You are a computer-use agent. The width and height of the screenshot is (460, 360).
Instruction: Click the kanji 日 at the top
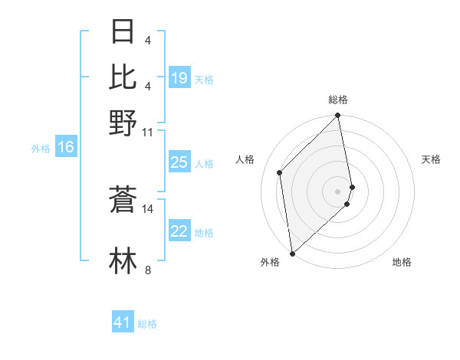(x=123, y=32)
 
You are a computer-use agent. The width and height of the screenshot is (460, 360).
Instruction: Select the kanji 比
(x=123, y=77)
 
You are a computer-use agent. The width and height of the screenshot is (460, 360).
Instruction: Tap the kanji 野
(x=123, y=122)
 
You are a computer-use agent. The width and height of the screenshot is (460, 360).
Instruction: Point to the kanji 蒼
(x=123, y=199)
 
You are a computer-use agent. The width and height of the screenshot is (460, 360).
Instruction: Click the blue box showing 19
(x=179, y=78)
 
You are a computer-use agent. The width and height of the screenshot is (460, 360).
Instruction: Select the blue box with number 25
(x=179, y=162)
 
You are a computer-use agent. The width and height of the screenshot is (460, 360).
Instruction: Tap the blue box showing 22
(x=179, y=231)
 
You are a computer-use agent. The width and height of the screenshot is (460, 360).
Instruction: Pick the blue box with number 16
(x=66, y=148)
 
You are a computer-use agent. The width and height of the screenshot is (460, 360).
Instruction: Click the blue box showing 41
(x=123, y=322)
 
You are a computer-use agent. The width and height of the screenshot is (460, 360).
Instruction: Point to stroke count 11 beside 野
(x=148, y=133)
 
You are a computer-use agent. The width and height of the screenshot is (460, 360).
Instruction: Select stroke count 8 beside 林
(x=148, y=270)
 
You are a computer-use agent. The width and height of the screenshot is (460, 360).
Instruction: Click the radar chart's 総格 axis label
(x=338, y=100)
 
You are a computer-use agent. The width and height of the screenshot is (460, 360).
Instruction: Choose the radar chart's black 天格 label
(x=431, y=159)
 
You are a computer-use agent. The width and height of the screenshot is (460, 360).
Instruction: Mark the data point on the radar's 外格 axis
(x=292, y=253)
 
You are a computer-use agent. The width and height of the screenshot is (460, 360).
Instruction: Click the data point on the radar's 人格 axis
(x=280, y=172)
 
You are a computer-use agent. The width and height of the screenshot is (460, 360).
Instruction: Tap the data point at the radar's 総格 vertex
(x=338, y=116)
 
